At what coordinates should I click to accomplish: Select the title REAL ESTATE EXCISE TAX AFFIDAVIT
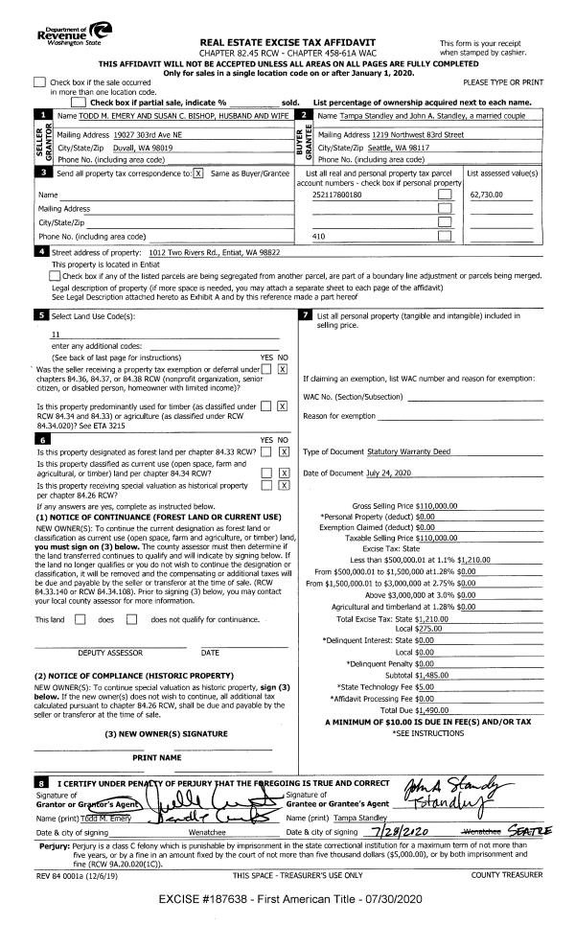coord(287,43)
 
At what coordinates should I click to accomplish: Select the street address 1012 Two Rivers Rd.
coord(193,251)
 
